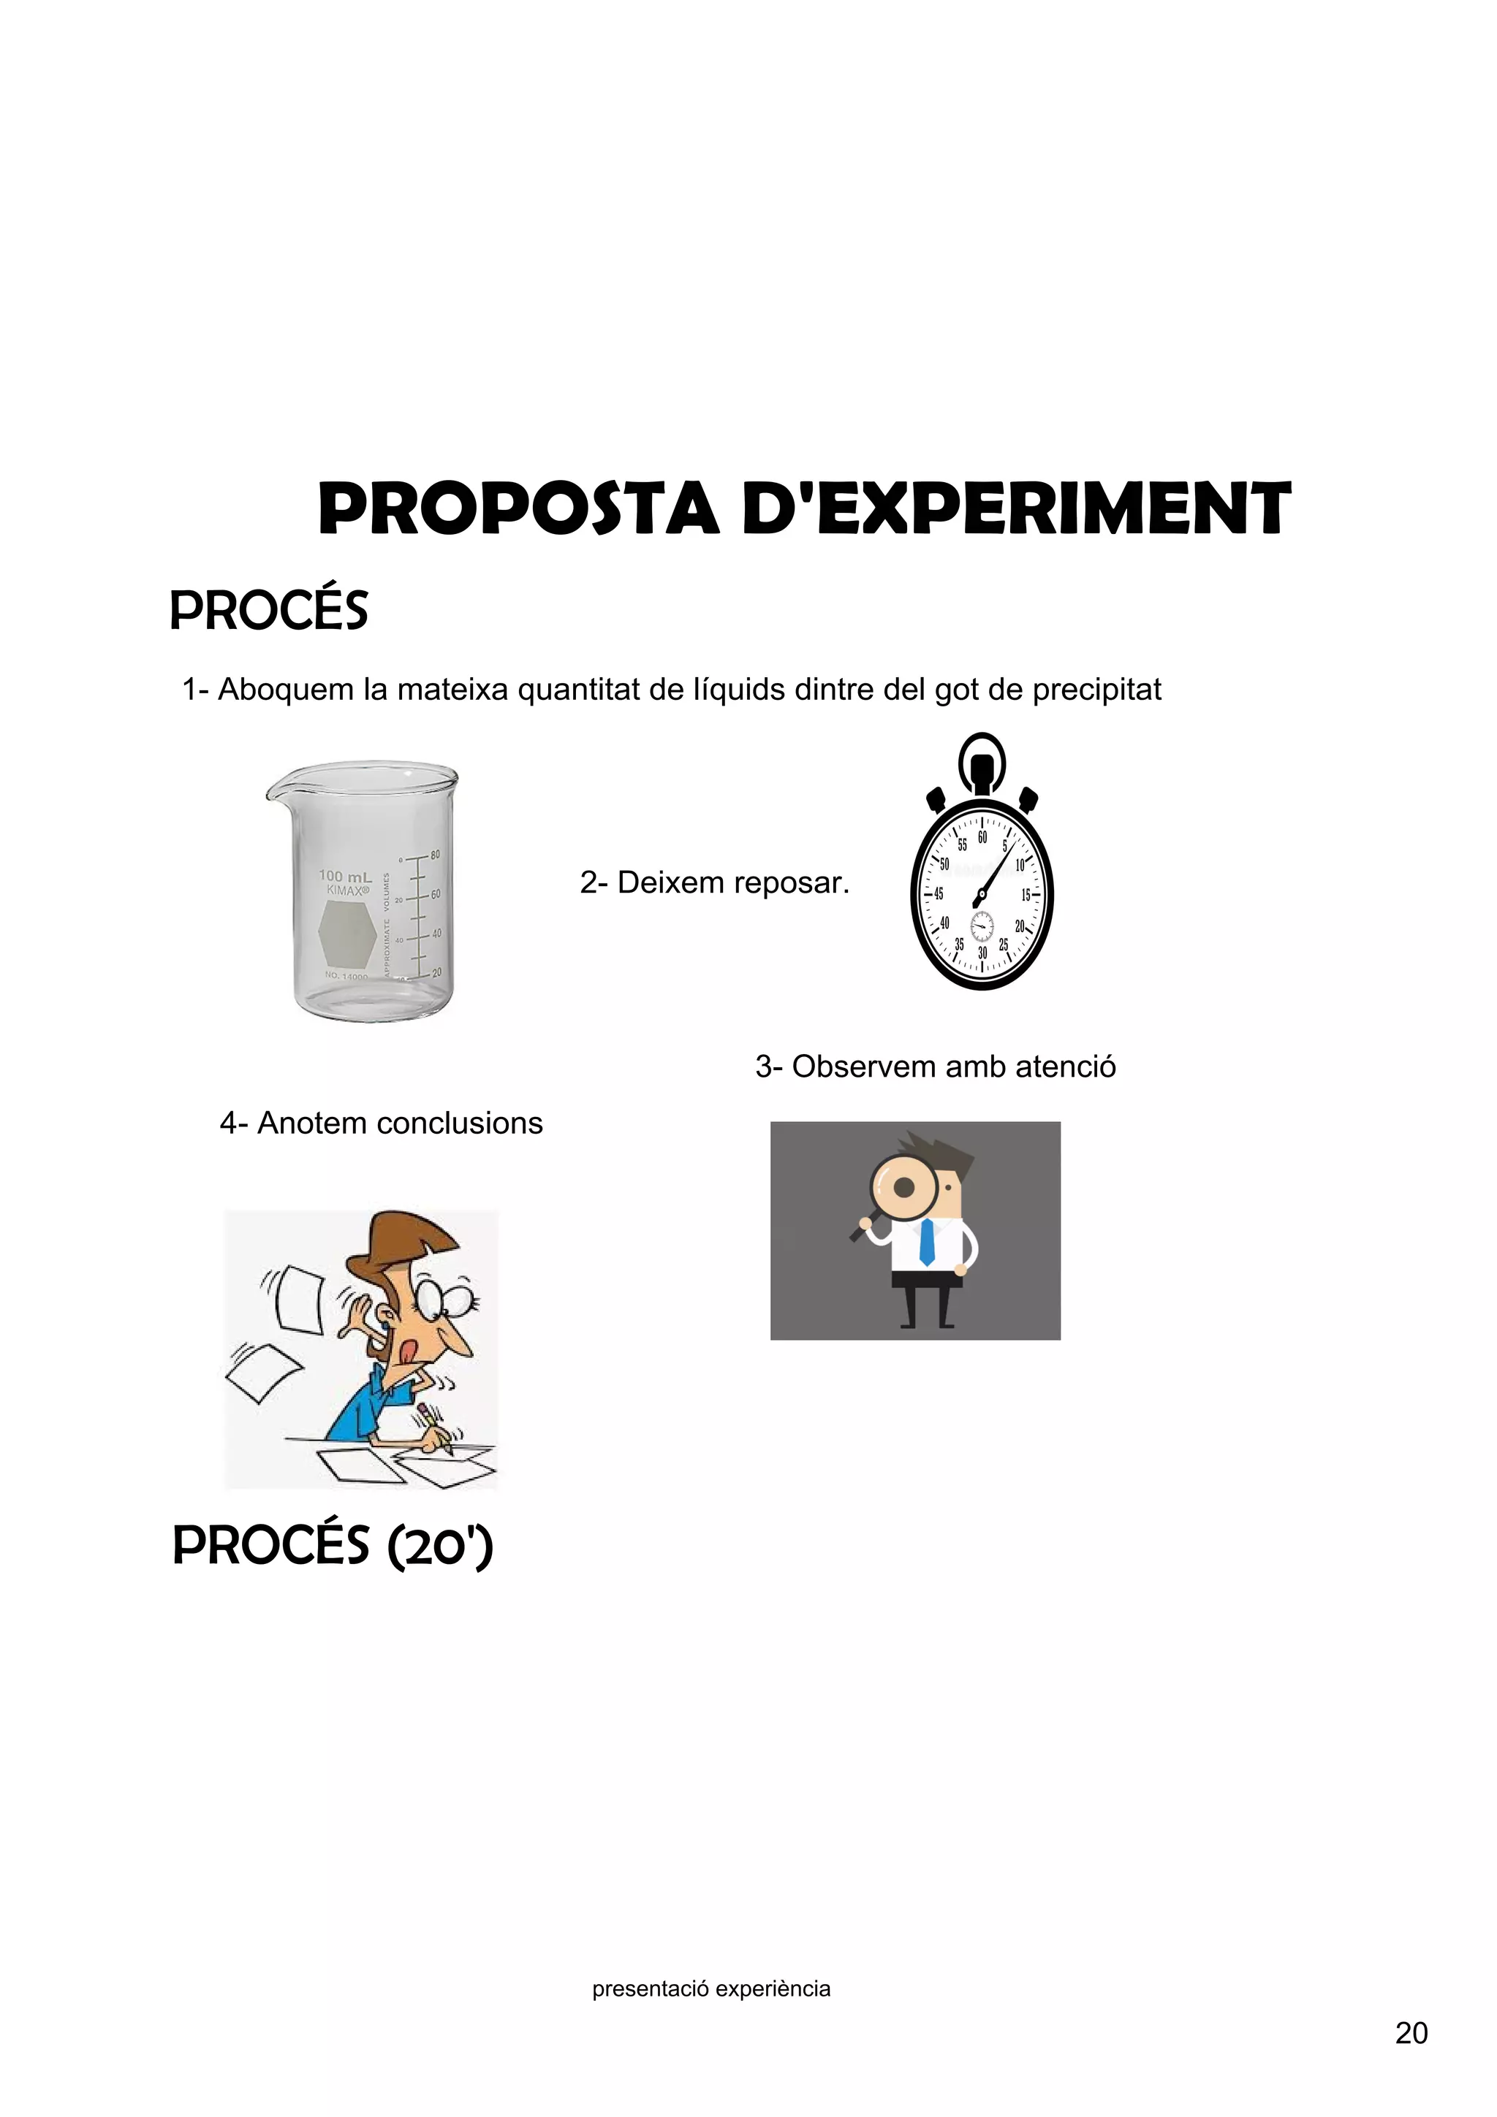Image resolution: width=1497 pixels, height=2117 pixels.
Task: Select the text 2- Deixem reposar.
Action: click(x=714, y=882)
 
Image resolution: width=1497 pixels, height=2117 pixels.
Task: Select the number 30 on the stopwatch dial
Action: click(x=982, y=953)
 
